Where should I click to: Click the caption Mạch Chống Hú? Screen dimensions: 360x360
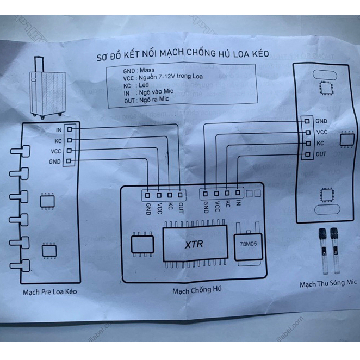197,290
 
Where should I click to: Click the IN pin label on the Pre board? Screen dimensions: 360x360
58,130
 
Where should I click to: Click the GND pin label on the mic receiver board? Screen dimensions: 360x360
321,121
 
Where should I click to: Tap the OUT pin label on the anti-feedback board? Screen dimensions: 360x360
181,207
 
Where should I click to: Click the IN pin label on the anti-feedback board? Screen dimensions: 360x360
238,204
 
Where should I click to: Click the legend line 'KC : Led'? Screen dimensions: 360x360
136,85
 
